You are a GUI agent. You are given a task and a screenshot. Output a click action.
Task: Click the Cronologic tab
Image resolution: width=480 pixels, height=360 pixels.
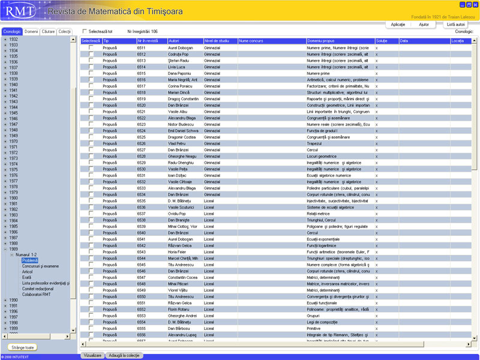12,31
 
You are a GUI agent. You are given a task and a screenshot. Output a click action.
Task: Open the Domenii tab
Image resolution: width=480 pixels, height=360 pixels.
31,31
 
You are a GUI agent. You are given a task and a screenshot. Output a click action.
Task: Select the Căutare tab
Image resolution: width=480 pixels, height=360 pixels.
49,31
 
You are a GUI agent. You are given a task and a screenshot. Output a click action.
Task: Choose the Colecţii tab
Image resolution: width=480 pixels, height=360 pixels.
65,31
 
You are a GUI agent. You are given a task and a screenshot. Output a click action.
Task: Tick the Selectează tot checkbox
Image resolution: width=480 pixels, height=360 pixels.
85,31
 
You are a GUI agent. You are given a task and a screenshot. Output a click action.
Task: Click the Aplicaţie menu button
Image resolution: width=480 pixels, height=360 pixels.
398,25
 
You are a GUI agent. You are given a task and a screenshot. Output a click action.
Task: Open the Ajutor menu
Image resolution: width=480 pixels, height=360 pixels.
424,25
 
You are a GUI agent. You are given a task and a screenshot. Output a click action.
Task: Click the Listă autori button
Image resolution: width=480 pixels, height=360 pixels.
456,25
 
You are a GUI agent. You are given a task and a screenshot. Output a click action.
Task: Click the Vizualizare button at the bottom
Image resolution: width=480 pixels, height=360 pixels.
92,356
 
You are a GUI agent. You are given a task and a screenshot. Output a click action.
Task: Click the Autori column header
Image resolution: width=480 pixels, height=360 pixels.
185,41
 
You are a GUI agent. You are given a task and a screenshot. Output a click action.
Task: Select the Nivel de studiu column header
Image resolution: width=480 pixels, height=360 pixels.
220,41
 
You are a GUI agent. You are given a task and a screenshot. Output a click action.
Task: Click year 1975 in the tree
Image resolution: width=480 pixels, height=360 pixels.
13,170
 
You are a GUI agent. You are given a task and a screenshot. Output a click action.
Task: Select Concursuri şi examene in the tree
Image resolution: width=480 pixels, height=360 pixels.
41,266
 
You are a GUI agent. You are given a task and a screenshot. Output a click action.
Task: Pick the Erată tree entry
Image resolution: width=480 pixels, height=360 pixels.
27,277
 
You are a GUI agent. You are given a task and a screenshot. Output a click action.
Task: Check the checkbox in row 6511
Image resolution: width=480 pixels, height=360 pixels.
91,47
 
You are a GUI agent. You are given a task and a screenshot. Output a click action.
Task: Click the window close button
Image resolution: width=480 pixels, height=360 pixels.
475,5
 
